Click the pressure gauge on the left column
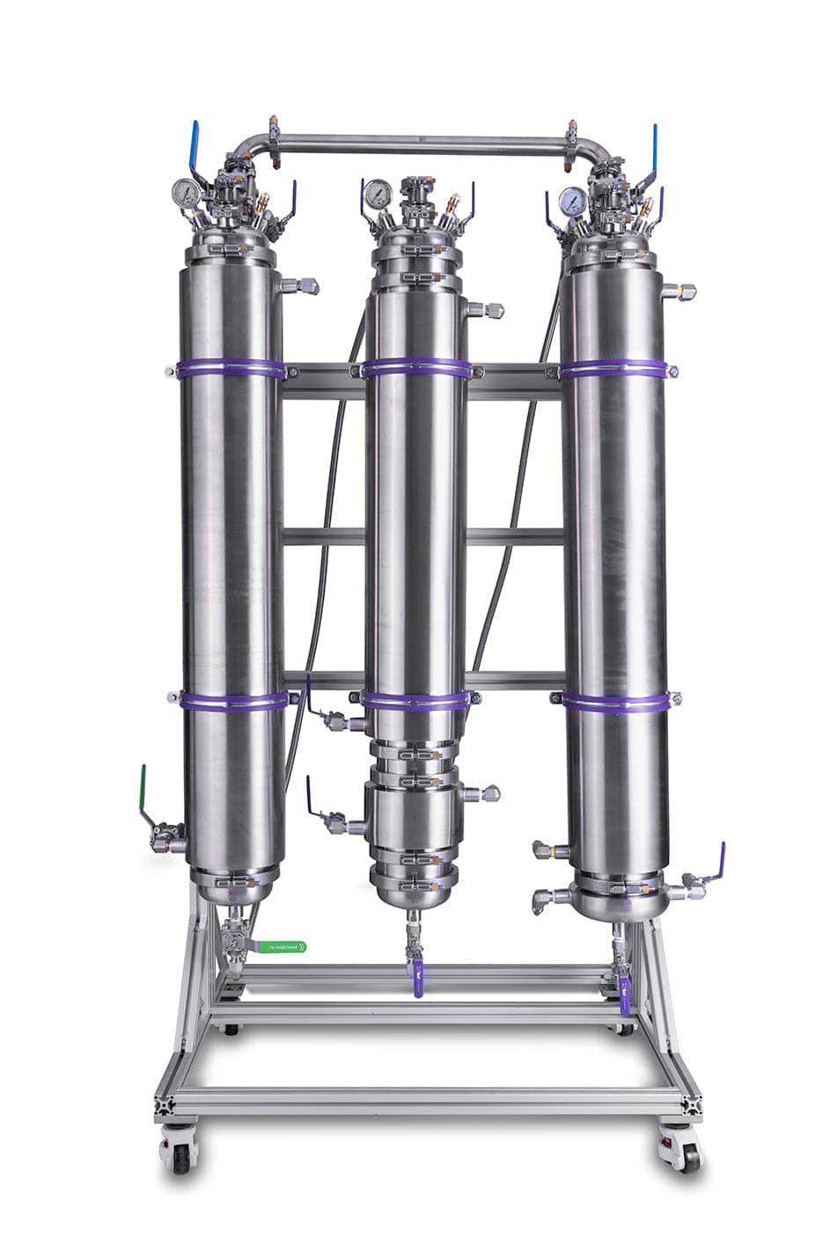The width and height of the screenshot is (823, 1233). (185, 191)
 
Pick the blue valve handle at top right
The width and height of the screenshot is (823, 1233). (654, 144)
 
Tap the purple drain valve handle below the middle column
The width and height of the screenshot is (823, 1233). (417, 979)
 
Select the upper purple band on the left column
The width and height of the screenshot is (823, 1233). (231, 368)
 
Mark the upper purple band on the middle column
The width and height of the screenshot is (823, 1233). (415, 367)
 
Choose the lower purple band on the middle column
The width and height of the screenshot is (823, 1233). (415, 700)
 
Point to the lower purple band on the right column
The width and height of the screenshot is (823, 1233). (615, 702)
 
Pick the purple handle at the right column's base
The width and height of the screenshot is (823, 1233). (720, 860)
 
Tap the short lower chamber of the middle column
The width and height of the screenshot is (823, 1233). (415, 819)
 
